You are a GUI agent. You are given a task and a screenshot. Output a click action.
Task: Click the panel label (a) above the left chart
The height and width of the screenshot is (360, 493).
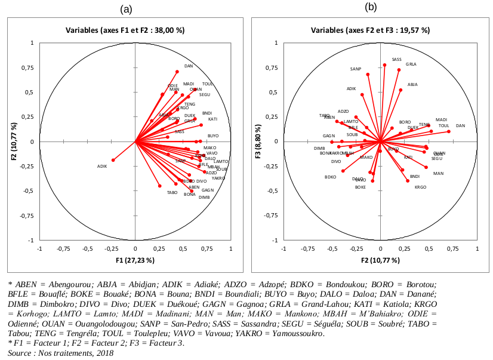coord(126,9)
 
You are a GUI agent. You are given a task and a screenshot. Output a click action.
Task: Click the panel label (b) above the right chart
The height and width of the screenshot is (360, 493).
coord(371,7)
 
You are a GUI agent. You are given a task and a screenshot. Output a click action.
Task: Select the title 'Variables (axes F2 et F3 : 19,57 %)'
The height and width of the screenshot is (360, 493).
coord(371,30)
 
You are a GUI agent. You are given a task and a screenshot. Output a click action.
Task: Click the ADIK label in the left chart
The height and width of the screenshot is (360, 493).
coord(101,167)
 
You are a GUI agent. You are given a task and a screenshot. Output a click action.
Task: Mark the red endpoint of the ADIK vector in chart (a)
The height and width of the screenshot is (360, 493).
coord(113,160)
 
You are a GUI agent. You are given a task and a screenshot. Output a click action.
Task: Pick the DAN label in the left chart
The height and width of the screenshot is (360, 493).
coord(189,66)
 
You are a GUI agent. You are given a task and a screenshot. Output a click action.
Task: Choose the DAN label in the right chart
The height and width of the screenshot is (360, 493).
coord(460,126)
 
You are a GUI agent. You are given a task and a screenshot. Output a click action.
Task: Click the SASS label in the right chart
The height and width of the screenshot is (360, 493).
coord(396,60)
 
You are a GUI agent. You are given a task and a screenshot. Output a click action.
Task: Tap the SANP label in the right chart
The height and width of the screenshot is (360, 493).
coord(356,69)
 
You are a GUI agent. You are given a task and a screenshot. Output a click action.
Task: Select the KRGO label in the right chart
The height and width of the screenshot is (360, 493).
coord(420,187)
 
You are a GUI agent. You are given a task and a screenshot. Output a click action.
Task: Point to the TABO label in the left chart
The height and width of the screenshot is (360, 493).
coord(172,193)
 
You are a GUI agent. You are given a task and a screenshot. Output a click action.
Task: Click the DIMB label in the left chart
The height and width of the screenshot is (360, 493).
coord(204,198)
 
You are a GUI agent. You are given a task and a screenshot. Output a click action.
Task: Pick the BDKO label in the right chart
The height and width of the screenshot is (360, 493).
coord(330,177)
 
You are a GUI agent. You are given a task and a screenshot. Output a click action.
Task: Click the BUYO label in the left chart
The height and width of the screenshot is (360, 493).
coord(213,137)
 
